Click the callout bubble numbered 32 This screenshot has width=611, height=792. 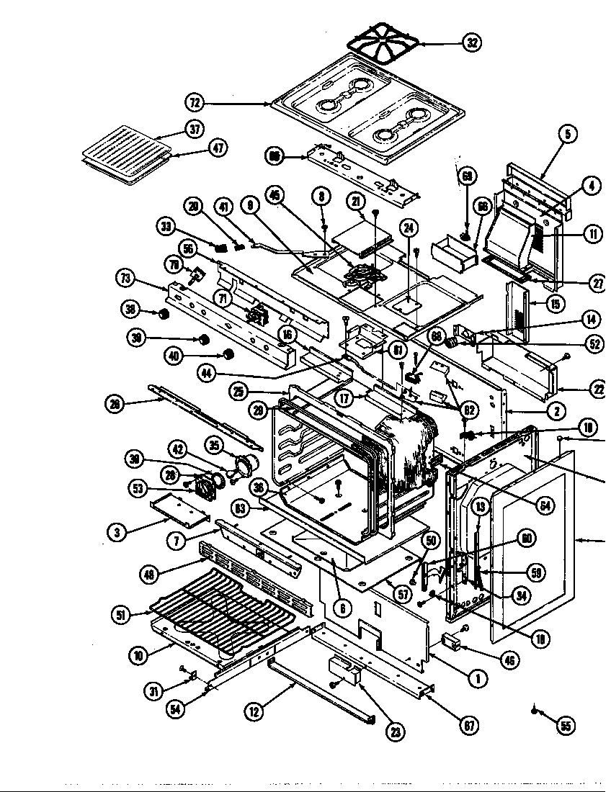472,43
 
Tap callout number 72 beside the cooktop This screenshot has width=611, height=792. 195,103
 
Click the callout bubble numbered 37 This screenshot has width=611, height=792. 195,129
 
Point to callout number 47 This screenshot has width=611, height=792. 217,148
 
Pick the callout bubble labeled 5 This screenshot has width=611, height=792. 568,133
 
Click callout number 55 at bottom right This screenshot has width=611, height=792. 566,726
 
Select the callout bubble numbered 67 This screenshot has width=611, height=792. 470,726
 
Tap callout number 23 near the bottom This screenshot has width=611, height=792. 396,732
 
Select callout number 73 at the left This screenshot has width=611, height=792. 125,278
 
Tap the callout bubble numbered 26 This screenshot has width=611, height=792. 115,404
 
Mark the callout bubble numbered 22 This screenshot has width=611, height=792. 598,390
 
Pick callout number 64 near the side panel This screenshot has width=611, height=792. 545,505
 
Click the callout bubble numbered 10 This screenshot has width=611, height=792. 139,655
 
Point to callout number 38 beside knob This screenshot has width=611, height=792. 130,310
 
